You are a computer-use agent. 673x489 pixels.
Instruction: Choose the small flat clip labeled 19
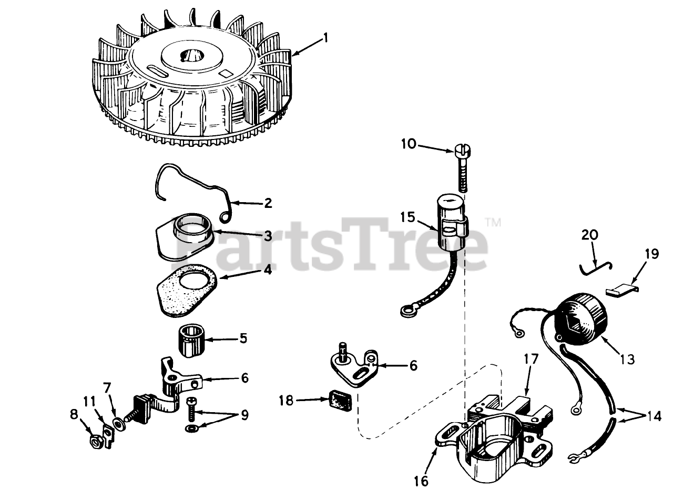click(x=623, y=288)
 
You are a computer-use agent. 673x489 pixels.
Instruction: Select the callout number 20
click(x=590, y=235)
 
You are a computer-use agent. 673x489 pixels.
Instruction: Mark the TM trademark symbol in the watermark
click(x=493, y=223)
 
